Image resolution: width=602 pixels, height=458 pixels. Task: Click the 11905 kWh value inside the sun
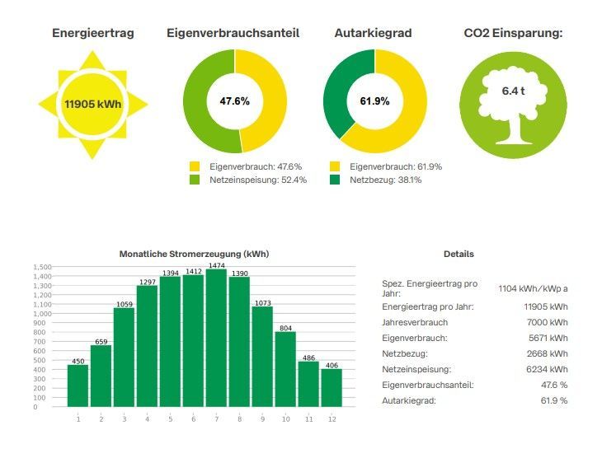[x=92, y=104]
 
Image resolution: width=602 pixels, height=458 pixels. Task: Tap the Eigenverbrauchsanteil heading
[x=233, y=34]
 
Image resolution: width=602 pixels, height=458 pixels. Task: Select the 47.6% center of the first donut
[x=234, y=101]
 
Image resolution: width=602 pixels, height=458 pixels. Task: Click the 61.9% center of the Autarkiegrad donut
[x=374, y=101]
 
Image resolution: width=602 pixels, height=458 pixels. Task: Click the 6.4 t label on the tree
[x=513, y=91]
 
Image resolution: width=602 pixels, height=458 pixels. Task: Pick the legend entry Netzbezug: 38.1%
[x=385, y=180]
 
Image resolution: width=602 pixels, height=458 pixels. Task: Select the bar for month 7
[x=216, y=338]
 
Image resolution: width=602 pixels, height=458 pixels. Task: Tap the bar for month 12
[x=332, y=387]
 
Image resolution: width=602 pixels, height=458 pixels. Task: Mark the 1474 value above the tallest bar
[x=216, y=265]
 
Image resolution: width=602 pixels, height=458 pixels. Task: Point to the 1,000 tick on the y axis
[x=41, y=314]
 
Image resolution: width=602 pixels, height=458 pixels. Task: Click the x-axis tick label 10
[x=285, y=418]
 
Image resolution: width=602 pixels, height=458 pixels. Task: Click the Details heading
[x=459, y=255]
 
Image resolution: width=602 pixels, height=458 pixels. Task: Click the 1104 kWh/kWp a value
[x=533, y=289]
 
